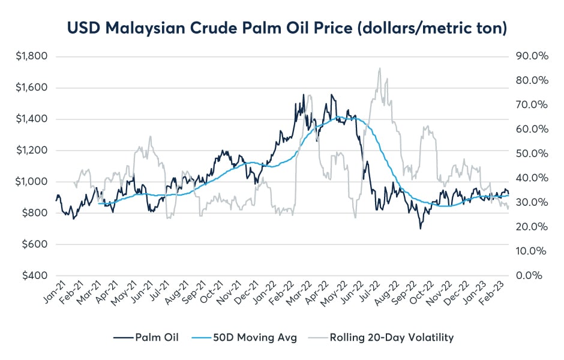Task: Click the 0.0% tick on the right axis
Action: click(529, 275)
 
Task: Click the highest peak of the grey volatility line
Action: click(379, 68)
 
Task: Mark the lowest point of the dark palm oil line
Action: click(421, 229)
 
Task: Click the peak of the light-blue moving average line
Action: click(340, 116)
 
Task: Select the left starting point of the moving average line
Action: click(98, 203)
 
